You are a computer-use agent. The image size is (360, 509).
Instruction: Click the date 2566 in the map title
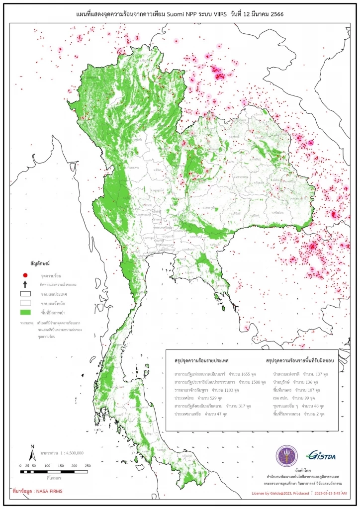coord(274,15)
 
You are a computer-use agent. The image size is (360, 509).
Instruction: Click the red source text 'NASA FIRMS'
coord(47,491)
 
